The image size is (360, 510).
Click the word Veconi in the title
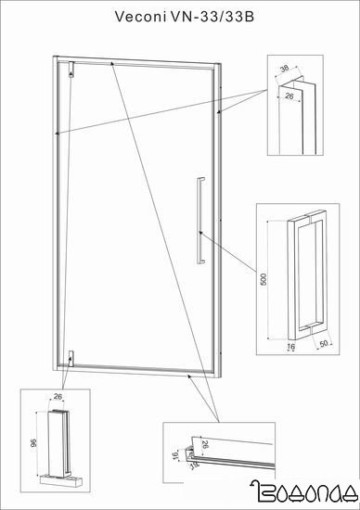point(140,17)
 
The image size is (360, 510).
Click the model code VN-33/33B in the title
point(212,17)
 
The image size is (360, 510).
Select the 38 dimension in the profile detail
point(284,69)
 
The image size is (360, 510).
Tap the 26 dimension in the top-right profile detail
point(289,96)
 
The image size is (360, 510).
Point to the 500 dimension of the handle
point(264,279)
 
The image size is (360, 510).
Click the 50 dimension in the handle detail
point(323,344)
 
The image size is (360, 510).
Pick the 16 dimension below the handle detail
point(291,347)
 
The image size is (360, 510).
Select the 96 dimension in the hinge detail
point(33,442)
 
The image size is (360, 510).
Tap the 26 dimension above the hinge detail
point(58,397)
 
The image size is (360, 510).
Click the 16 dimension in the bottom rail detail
point(175,455)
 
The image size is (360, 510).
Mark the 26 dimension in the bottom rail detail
point(205,443)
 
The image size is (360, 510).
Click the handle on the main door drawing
point(200,221)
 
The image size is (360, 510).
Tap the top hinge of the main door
point(71,70)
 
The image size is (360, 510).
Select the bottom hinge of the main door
point(71,359)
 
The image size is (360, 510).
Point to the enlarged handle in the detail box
point(307,275)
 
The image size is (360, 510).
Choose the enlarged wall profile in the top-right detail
point(297,116)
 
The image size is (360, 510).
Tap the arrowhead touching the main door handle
point(201,233)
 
